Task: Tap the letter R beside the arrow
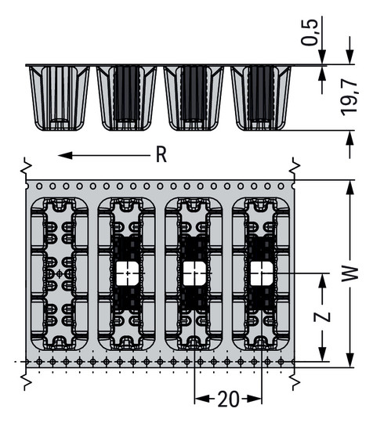161,155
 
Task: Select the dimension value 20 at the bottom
228,399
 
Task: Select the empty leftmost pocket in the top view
59,273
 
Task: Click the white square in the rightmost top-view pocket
261,273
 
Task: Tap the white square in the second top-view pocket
126,273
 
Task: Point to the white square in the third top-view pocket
194,273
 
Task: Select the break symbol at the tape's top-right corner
294,166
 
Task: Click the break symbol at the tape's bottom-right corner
294,380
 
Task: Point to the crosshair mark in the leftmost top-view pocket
60,273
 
